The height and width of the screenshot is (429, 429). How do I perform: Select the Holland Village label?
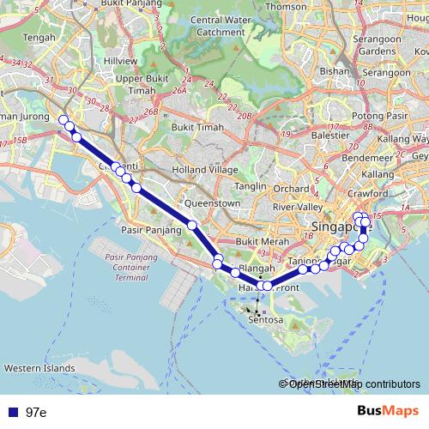pyautogui.click(x=202, y=170)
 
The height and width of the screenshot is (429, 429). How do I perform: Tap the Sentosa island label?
pyautogui.click(x=265, y=319)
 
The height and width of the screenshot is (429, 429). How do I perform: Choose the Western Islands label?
pyautogui.click(x=39, y=368)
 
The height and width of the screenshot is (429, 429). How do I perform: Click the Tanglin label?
pyautogui.click(x=251, y=185)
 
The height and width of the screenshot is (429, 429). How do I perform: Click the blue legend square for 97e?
pyautogui.click(x=12, y=413)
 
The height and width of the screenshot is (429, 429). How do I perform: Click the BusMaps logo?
pyautogui.click(x=387, y=412)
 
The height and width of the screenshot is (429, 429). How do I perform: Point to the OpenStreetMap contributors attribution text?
pyautogui.click(x=353, y=384)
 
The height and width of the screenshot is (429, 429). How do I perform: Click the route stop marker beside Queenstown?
pyautogui.click(x=193, y=226)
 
